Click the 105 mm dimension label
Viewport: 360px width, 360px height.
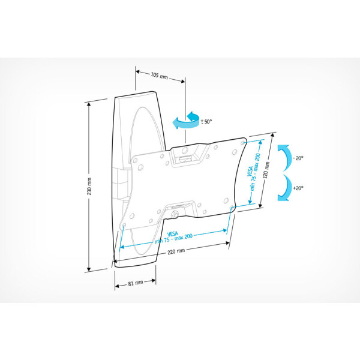160,75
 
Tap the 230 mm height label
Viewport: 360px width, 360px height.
89,186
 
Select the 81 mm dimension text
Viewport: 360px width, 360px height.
136,283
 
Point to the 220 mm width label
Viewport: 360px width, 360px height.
176,251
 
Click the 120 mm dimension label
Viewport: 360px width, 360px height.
266,170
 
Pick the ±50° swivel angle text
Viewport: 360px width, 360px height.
206,121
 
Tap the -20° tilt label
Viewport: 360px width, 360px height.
298,158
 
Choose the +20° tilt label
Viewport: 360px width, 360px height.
298,188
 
